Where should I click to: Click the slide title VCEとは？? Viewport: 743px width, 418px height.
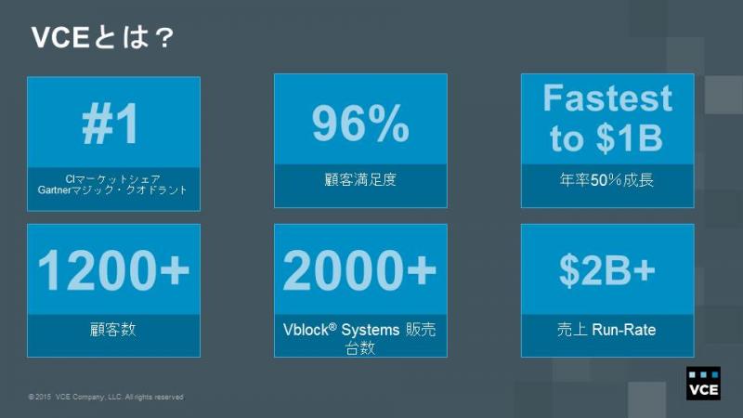click(102, 37)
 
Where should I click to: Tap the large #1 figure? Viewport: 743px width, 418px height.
click(111, 124)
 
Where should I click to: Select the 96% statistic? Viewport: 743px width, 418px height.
click(360, 124)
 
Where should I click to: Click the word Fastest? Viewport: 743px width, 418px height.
click(607, 98)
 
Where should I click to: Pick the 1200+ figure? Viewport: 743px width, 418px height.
click(113, 270)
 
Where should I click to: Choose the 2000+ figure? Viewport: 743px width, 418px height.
click(359, 270)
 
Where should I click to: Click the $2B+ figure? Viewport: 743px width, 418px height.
click(607, 270)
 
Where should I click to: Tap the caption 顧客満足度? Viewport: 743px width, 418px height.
click(360, 179)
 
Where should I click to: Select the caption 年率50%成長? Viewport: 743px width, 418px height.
click(607, 179)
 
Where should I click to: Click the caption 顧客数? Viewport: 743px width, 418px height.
click(113, 329)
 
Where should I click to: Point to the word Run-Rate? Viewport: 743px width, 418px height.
click(624, 330)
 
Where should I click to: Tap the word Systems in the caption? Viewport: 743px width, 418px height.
click(371, 330)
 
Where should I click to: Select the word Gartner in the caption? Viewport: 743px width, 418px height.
click(54, 190)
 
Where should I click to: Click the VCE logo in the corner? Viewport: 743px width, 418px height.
click(703, 384)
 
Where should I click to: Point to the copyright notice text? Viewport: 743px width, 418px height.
click(106, 397)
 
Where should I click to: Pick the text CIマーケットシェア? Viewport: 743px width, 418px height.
click(112, 178)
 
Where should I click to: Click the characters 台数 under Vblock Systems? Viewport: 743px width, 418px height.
click(360, 348)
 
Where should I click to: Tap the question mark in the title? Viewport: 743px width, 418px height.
click(164, 38)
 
